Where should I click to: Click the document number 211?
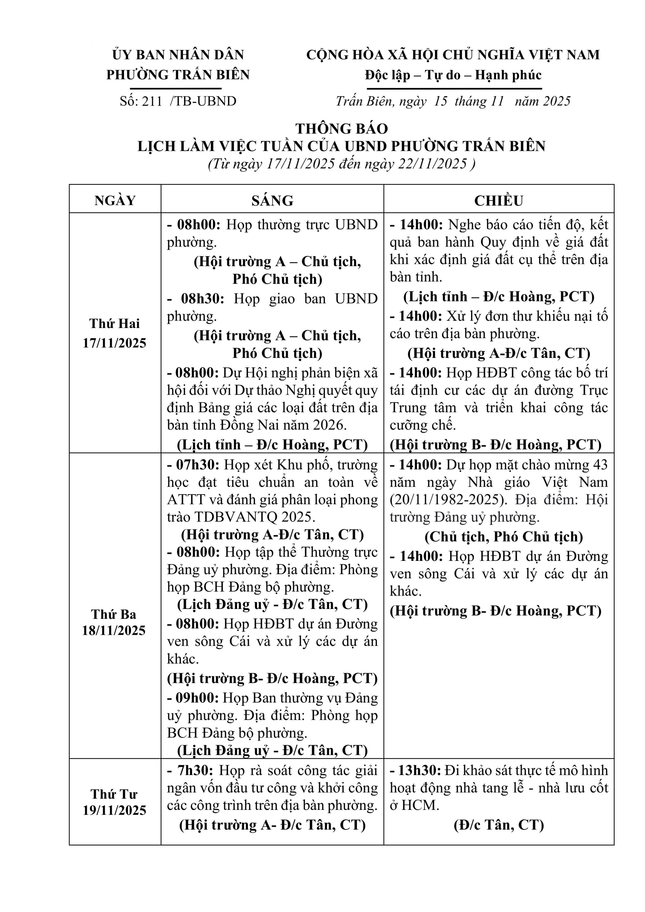coord(152,101)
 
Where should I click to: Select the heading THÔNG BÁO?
coord(342,129)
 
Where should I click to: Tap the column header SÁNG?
coord(272,201)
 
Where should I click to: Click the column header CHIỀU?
coord(498,201)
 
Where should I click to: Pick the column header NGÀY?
coord(115,201)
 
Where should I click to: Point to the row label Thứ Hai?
coord(115,324)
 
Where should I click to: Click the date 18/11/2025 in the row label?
coord(114,630)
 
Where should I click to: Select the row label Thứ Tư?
coord(114,794)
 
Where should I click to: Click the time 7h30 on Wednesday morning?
coord(195,771)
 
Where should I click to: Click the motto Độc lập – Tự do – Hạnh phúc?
coord(453,75)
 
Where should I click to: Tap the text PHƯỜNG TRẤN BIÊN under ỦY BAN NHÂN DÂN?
coord(178,75)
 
